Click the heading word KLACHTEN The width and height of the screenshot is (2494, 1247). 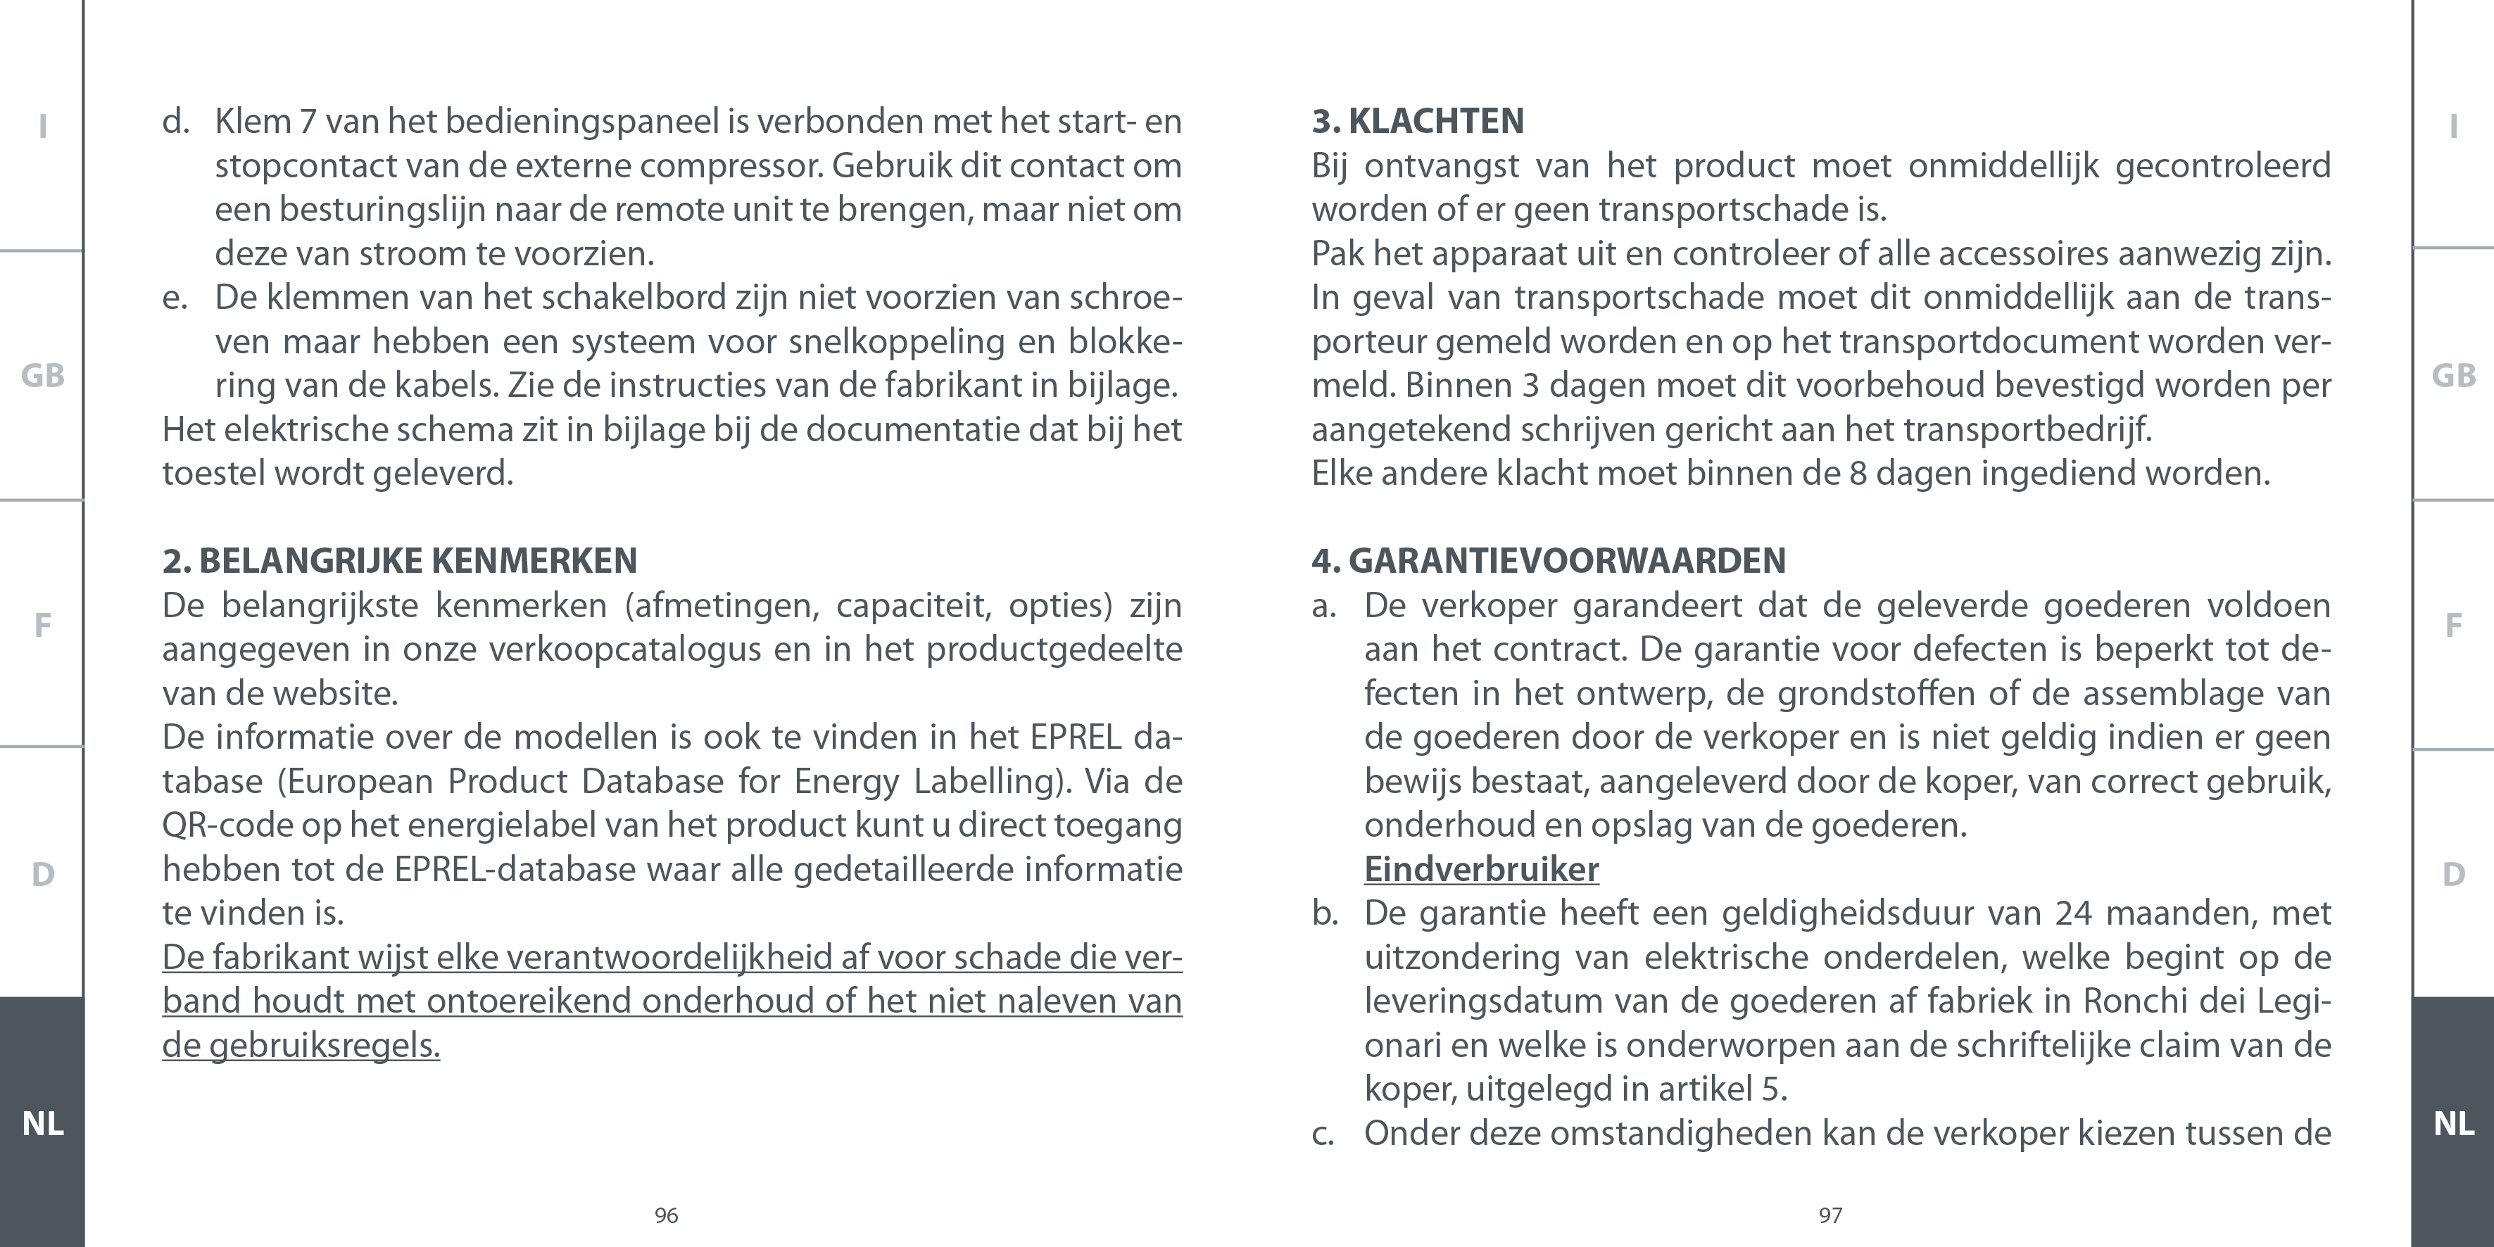point(1436,121)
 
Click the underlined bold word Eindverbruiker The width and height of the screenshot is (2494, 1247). point(1481,869)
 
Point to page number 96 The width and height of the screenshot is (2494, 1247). point(666,1215)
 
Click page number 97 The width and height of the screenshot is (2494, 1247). point(1829,1215)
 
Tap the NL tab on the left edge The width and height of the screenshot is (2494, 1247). point(43,1123)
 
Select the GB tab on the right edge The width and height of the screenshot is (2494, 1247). point(2453,376)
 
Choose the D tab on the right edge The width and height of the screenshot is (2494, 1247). point(2453,874)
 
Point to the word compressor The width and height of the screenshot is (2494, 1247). point(731,165)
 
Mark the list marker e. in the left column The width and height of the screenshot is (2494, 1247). point(175,297)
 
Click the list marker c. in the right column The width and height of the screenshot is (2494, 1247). point(1323,1134)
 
